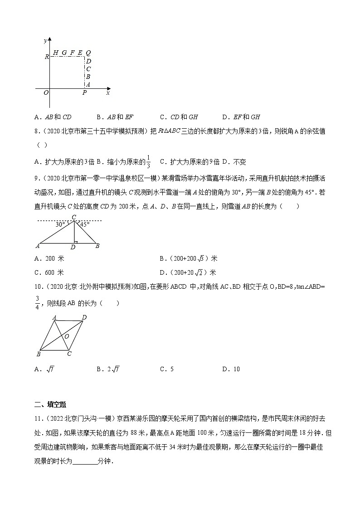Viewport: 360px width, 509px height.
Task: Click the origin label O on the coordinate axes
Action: pos(46,92)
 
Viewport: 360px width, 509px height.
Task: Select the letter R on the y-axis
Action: pos(46,57)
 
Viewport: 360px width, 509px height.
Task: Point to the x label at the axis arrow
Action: pos(108,92)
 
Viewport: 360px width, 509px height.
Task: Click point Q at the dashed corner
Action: pos(88,53)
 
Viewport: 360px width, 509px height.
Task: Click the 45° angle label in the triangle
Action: pos(84,224)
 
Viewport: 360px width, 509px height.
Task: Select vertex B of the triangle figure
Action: pos(97,246)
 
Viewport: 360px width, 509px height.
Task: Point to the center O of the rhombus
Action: pos(66,336)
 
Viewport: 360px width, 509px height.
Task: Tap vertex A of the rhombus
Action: pos(54,318)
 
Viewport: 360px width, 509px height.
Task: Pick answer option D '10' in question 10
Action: pos(231,369)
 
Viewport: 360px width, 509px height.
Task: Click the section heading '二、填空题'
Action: pos(50,404)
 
